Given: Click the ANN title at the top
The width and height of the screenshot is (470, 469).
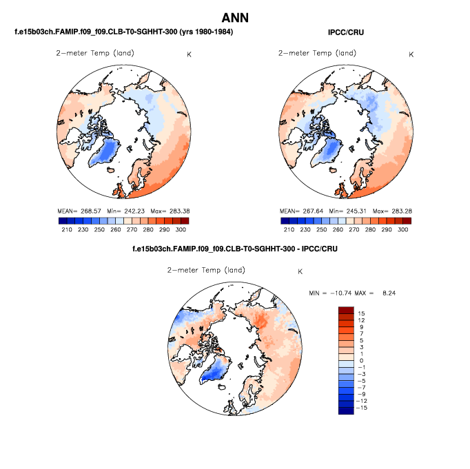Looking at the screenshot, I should click(234, 18).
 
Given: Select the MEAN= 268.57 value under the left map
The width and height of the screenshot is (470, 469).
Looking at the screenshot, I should click(80, 210).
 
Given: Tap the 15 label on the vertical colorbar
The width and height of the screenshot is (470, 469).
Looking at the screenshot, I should click(361, 313).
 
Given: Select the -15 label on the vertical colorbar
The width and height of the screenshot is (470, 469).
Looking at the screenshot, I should click(362, 408).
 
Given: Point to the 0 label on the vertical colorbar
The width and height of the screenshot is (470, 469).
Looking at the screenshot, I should click(361, 360).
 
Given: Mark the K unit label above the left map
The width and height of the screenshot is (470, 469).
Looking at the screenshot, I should click(189, 54).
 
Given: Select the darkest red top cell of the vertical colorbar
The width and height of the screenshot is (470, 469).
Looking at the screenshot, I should click(345, 311).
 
